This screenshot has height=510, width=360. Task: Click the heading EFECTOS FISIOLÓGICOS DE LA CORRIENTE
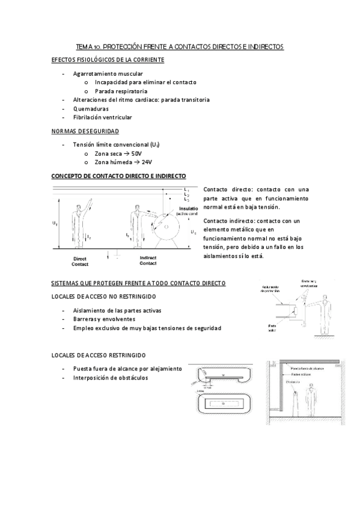click(x=108, y=60)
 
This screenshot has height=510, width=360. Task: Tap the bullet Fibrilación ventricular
click(x=102, y=117)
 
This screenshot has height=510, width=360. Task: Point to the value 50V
click(x=137, y=153)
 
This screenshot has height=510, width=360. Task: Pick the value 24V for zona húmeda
click(x=144, y=162)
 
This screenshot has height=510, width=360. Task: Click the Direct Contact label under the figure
click(x=80, y=260)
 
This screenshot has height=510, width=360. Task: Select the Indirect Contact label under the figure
click(x=148, y=260)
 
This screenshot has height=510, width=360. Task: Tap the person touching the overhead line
click(x=79, y=220)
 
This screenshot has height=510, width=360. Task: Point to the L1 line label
click(x=188, y=189)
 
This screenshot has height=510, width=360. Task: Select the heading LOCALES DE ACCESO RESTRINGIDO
click(x=98, y=355)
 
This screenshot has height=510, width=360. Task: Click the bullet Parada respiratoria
click(x=121, y=91)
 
